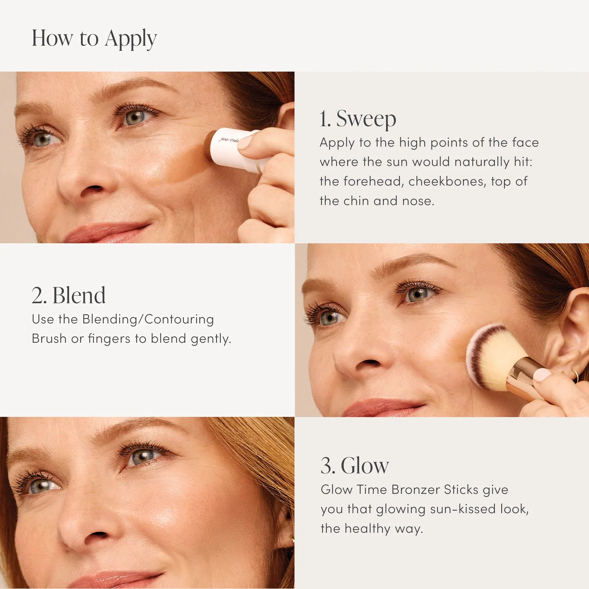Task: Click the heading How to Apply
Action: click(94, 39)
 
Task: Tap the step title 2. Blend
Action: click(69, 295)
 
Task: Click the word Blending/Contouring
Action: click(148, 320)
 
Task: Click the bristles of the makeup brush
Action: click(494, 357)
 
